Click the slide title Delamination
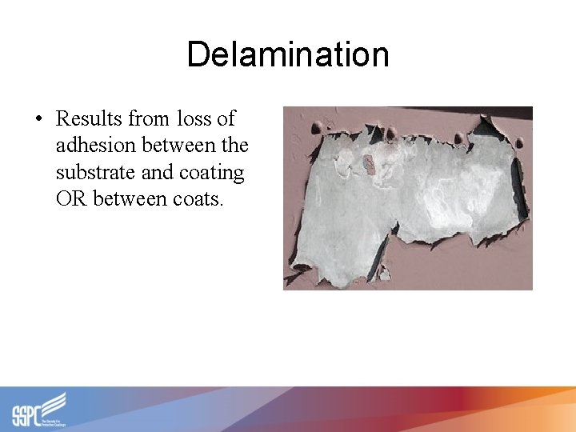pos(288,55)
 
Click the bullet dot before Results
pos(38,119)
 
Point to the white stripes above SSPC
pos(54,401)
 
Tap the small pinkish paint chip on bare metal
pos(369,164)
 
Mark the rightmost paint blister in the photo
pos(519,143)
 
